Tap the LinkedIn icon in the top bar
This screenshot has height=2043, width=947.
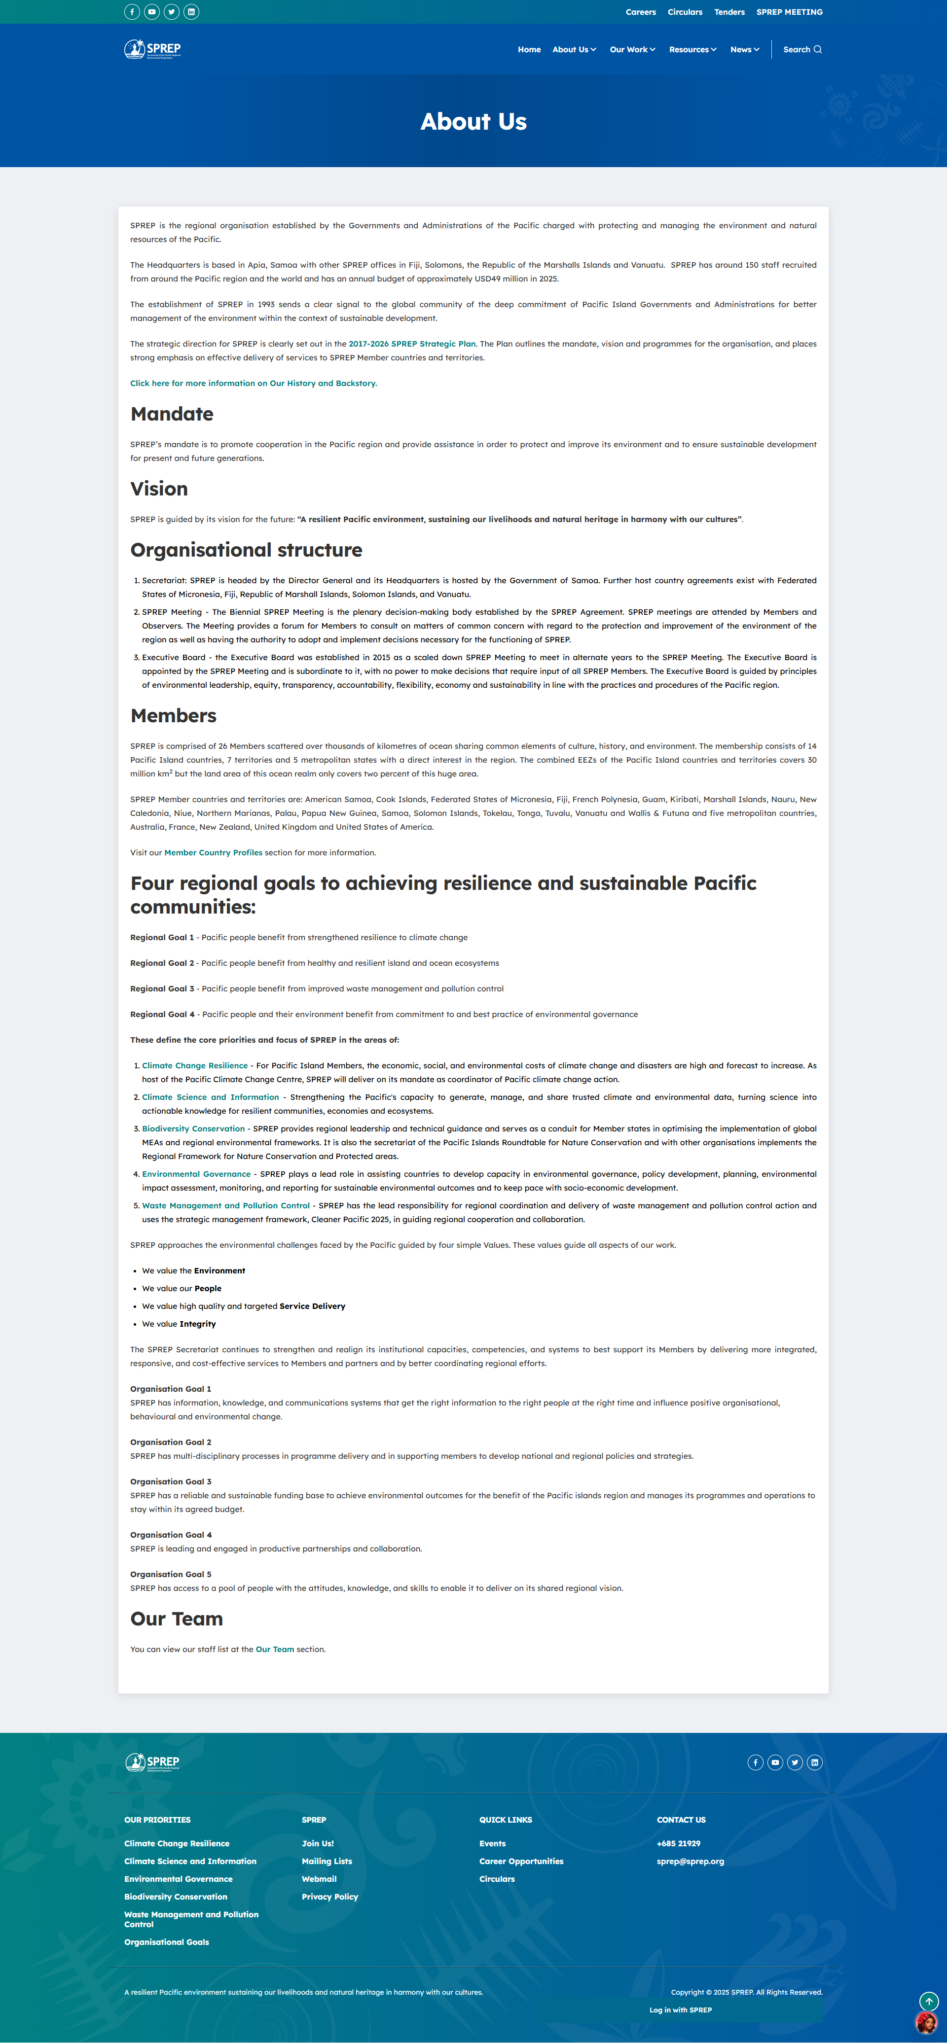coord(191,12)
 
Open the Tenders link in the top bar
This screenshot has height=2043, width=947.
coord(729,12)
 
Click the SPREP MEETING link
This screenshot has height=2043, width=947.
coord(789,12)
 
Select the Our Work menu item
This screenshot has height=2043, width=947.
coord(632,49)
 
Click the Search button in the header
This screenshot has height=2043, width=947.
coord(802,49)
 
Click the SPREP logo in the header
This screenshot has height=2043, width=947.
coord(153,49)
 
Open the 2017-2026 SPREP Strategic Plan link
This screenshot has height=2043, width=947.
coord(412,344)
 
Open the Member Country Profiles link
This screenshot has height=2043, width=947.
coord(213,852)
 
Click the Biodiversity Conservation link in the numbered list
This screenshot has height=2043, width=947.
coord(193,1128)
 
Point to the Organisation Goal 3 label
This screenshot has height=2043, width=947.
coord(171,1481)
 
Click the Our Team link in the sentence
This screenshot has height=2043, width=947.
coord(274,1649)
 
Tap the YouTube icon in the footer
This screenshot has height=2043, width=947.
coord(775,1762)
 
